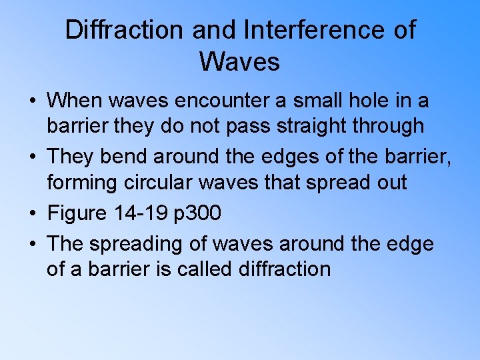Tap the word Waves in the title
[x=239, y=62]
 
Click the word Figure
[x=77, y=213]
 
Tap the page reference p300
[x=198, y=213]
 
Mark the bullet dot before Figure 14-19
[x=33, y=214]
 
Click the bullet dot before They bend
[x=33, y=158]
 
